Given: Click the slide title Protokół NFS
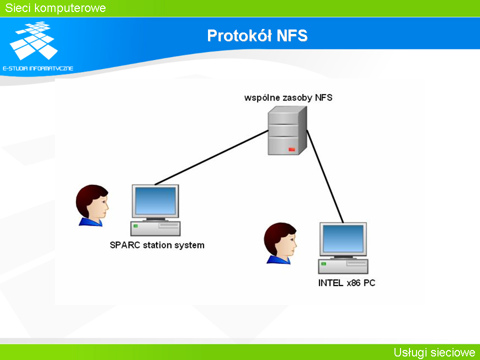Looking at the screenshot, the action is point(257,35).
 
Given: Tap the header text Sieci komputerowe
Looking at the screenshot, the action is point(55,8).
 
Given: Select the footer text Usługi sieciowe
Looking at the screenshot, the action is point(434,352).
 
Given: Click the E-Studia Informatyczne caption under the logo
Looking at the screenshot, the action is point(38,68).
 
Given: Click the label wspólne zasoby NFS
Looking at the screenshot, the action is point(288,97).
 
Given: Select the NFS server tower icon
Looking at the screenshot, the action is point(287,130).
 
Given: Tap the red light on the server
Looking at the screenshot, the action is point(291,149).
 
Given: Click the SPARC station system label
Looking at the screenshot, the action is point(157,245).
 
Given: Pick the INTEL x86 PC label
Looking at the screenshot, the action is point(346,283).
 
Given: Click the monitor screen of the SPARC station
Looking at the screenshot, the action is point(155,201).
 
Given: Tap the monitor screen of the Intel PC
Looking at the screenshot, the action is point(343,238).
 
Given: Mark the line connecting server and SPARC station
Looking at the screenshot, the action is point(211,157).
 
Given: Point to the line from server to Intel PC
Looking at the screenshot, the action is point(325,176).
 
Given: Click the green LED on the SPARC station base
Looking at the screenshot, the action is point(135,226).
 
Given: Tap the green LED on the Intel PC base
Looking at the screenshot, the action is point(323,263).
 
